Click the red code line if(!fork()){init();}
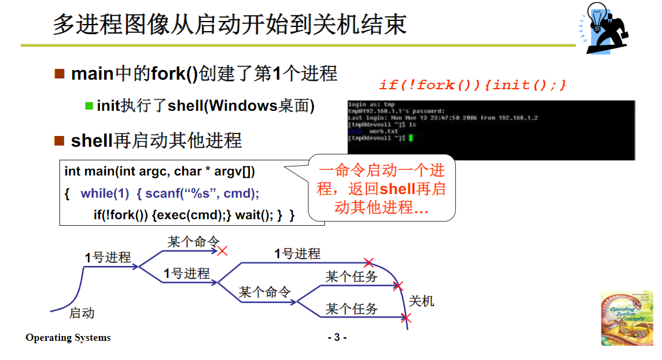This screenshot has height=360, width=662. (x=473, y=85)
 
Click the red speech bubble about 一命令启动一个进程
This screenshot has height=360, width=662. (x=382, y=189)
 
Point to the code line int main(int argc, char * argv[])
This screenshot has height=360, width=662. (x=160, y=171)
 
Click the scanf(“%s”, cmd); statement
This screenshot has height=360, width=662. (x=202, y=193)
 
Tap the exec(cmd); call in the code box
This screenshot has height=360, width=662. (x=192, y=215)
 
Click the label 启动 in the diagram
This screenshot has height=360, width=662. (x=81, y=313)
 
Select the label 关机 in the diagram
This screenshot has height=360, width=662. (x=421, y=301)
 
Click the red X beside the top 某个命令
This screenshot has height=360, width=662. (x=223, y=250)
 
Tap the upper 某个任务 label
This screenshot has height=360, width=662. (x=352, y=277)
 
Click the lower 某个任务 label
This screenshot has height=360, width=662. (x=352, y=309)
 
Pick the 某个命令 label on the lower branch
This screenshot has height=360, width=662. (x=265, y=292)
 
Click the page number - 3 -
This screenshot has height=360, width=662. (x=337, y=338)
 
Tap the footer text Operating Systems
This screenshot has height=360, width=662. (x=68, y=338)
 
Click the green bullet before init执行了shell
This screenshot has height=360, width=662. (x=89, y=106)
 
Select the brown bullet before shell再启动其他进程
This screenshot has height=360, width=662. (x=59, y=141)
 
